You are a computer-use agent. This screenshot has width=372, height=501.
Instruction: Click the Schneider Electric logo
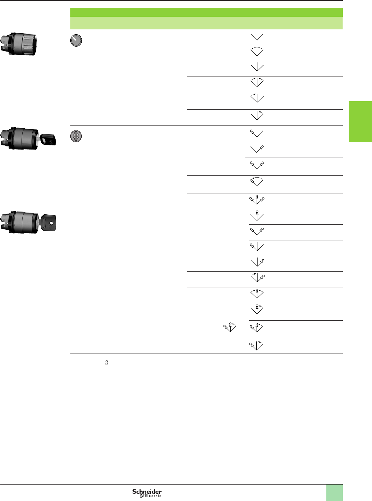pos(147,493)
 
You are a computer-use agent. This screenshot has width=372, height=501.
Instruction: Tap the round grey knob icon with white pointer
pos(76,40)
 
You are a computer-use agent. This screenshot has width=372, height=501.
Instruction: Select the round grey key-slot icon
pos(76,136)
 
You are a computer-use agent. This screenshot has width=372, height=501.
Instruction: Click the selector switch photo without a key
pos(19,44)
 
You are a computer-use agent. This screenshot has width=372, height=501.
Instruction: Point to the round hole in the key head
pos(51,223)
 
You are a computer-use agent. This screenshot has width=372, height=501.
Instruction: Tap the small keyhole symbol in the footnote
pos(106,362)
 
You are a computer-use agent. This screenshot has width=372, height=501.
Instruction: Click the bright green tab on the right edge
pos(360,122)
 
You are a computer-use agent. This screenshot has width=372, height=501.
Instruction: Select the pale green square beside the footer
pos(335,493)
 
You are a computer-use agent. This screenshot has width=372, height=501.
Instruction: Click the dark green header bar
pos(207,12)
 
